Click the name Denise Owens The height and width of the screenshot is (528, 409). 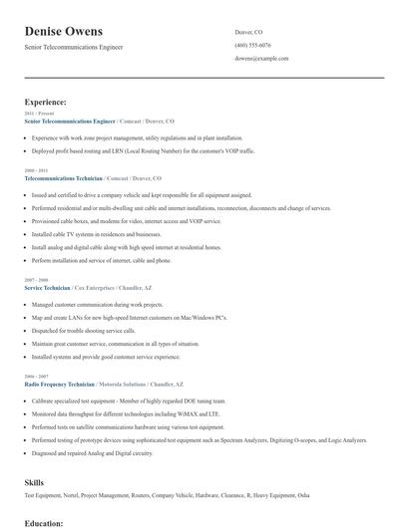tap(64, 31)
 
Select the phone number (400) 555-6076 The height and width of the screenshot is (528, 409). tap(252, 45)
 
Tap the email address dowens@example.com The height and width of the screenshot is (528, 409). tap(261, 59)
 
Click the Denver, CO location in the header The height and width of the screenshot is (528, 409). tap(249, 32)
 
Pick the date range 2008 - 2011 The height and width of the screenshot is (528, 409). tap(35, 170)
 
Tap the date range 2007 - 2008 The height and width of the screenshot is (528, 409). tap(35, 280)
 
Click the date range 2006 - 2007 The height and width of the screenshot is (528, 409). tap(35, 377)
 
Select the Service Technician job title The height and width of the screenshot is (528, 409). tap(47, 287)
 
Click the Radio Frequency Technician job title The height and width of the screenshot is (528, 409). tap(59, 384)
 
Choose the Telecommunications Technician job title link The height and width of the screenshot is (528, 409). tap(63, 177)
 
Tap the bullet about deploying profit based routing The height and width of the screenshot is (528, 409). tap(143, 150)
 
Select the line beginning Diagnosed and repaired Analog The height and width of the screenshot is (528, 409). tap(92, 453)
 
